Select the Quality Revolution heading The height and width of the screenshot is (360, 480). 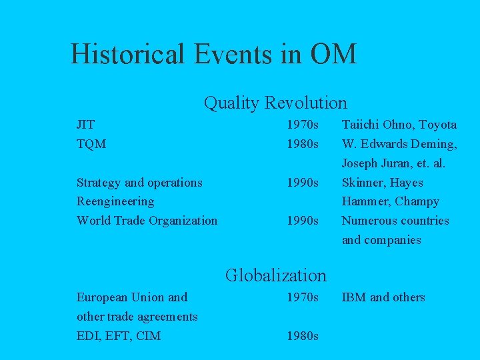click(275, 103)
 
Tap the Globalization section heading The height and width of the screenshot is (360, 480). click(275, 275)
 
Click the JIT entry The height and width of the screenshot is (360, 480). click(85, 125)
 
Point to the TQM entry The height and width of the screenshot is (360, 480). click(91, 143)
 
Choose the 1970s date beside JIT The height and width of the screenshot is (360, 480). click(303, 125)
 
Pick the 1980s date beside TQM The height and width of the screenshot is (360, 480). click(303, 143)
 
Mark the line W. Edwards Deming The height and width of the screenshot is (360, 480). click(399, 143)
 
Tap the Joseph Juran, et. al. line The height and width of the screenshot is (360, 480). click(393, 163)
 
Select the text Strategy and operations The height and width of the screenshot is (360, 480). click(139, 182)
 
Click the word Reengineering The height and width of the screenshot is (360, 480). click(115, 201)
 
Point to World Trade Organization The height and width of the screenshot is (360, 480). click(147, 220)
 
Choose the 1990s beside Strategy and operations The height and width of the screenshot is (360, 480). click(303, 182)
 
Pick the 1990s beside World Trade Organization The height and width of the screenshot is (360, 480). click(303, 220)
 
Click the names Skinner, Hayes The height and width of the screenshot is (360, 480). click(382, 182)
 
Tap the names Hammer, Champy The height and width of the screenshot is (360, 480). click(390, 201)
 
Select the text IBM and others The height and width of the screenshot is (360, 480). click(383, 297)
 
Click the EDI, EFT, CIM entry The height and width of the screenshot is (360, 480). click(119, 336)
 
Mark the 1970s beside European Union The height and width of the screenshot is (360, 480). click(303, 297)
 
